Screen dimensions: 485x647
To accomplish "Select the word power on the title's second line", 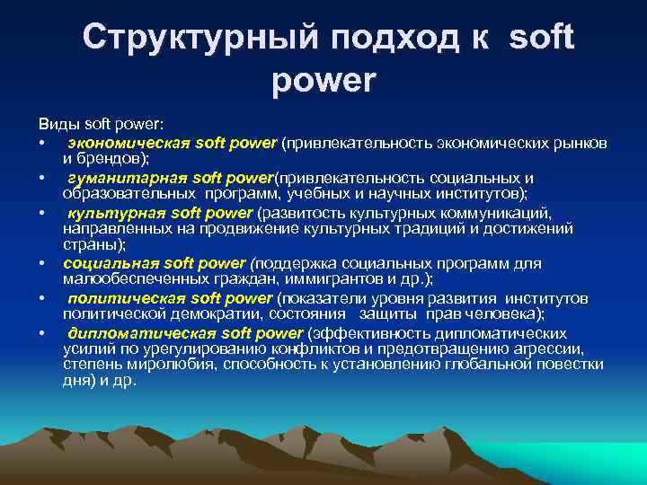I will [x=323, y=82].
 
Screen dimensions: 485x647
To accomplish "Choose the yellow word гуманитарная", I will [x=116, y=177].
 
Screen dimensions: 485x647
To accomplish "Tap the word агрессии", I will [x=558, y=348].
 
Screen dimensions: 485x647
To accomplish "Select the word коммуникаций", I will [x=502, y=213].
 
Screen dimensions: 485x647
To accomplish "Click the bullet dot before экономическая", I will [x=42, y=143].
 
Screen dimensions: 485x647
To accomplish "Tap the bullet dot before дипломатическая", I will [x=42, y=334].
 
